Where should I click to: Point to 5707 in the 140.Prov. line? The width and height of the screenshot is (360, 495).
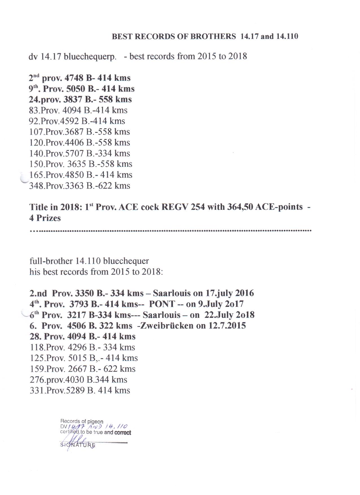click(x=74, y=153)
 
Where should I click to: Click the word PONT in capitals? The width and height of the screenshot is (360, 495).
click(x=160, y=304)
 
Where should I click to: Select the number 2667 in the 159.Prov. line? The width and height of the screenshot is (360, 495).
click(x=78, y=369)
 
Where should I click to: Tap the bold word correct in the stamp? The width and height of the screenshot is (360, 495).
click(x=123, y=432)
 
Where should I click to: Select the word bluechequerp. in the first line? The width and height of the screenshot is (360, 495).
click(x=90, y=57)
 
